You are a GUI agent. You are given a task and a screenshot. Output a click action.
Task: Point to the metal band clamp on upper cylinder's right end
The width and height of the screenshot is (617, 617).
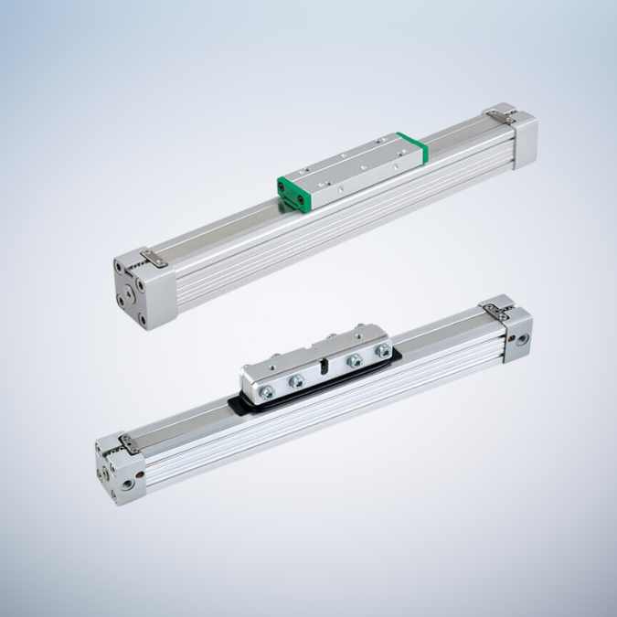pos(498,113)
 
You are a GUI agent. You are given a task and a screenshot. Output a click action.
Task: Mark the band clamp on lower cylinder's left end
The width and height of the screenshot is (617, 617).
pos(128,444)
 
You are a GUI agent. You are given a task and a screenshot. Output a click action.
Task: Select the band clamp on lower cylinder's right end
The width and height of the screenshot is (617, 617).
pos(498,306)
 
